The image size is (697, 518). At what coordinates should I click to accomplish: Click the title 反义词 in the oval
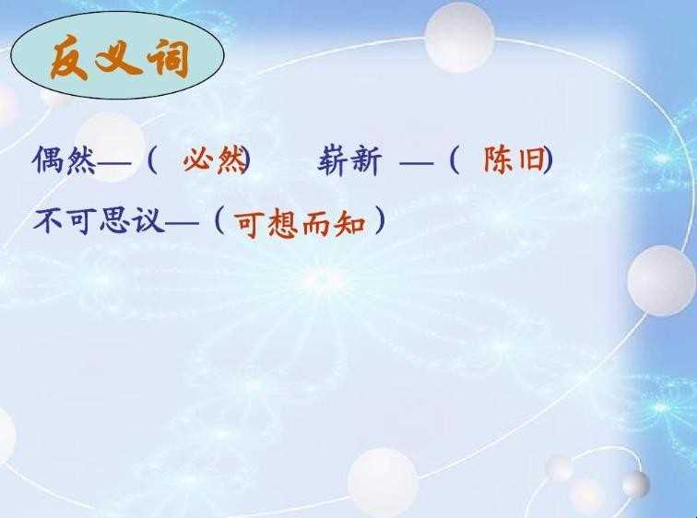tap(119, 57)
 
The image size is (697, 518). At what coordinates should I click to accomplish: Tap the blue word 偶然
tap(65, 160)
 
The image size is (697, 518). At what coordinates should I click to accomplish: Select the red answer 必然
tap(214, 159)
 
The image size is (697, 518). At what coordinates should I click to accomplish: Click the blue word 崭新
tap(349, 160)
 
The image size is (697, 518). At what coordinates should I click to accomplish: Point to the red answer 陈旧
tap(514, 159)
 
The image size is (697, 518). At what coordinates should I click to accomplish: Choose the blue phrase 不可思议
tap(99, 221)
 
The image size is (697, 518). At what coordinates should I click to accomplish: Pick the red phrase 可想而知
tap(301, 224)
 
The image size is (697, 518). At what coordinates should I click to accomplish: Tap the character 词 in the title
tap(169, 57)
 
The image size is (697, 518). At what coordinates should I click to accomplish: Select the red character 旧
tap(531, 159)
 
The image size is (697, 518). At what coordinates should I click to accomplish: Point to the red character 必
tap(198, 160)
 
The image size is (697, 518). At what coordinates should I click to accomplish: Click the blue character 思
tap(114, 221)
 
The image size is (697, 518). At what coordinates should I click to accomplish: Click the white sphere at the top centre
tap(460, 37)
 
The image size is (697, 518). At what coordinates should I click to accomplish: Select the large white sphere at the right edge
tap(661, 280)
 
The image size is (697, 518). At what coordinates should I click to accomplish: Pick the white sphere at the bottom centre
tap(383, 481)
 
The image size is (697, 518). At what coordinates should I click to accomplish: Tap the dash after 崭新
tap(416, 163)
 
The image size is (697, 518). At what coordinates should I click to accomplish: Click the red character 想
tap(283, 224)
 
